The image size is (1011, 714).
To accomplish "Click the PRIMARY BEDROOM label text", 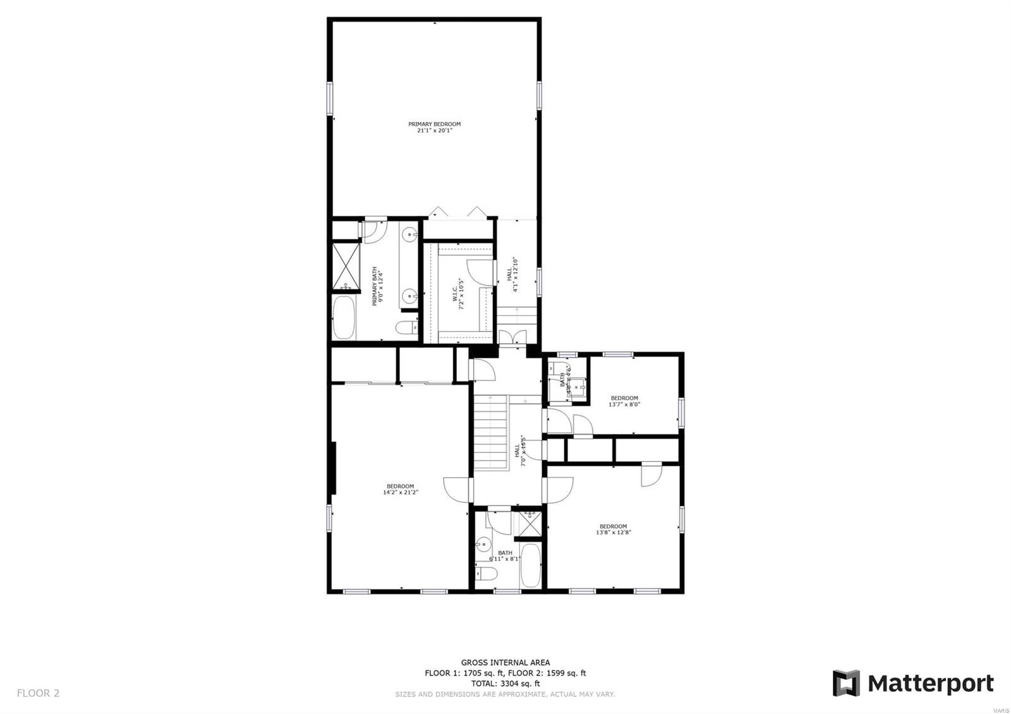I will pyautogui.click(x=434, y=127).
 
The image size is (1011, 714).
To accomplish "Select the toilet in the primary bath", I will pyautogui.click(x=405, y=327).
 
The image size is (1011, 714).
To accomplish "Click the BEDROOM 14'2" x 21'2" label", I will pyautogui.click(x=400, y=489).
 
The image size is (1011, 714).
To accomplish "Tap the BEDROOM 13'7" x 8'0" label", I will pyautogui.click(x=624, y=401).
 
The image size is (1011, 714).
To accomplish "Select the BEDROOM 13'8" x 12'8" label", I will pyautogui.click(x=613, y=529).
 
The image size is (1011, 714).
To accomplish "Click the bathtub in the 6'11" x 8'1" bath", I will pyautogui.click(x=531, y=566).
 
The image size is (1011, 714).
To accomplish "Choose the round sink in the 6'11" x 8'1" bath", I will pyautogui.click(x=484, y=543).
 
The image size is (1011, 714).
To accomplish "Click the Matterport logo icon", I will pyautogui.click(x=846, y=683).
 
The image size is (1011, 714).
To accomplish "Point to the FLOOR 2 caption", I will pyautogui.click(x=38, y=693).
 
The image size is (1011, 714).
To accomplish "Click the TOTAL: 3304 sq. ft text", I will pyautogui.click(x=505, y=683).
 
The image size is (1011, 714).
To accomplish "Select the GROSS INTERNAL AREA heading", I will pyautogui.click(x=505, y=662).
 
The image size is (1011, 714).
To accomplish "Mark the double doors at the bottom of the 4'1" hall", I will pyautogui.click(x=512, y=337).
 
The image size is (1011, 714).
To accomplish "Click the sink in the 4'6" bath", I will pyautogui.click(x=578, y=384).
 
